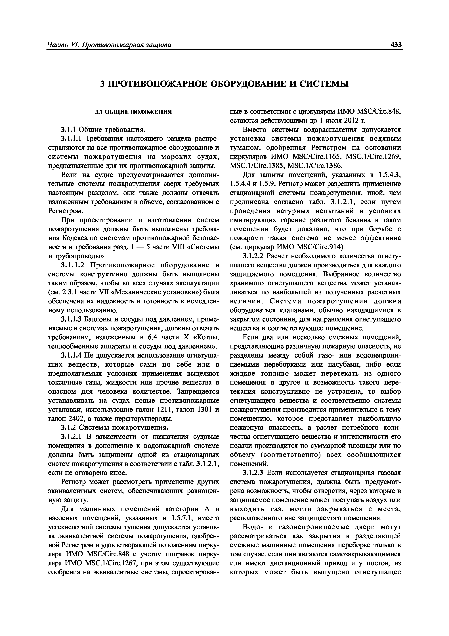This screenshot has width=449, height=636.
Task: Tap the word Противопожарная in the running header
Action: pos(106,45)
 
